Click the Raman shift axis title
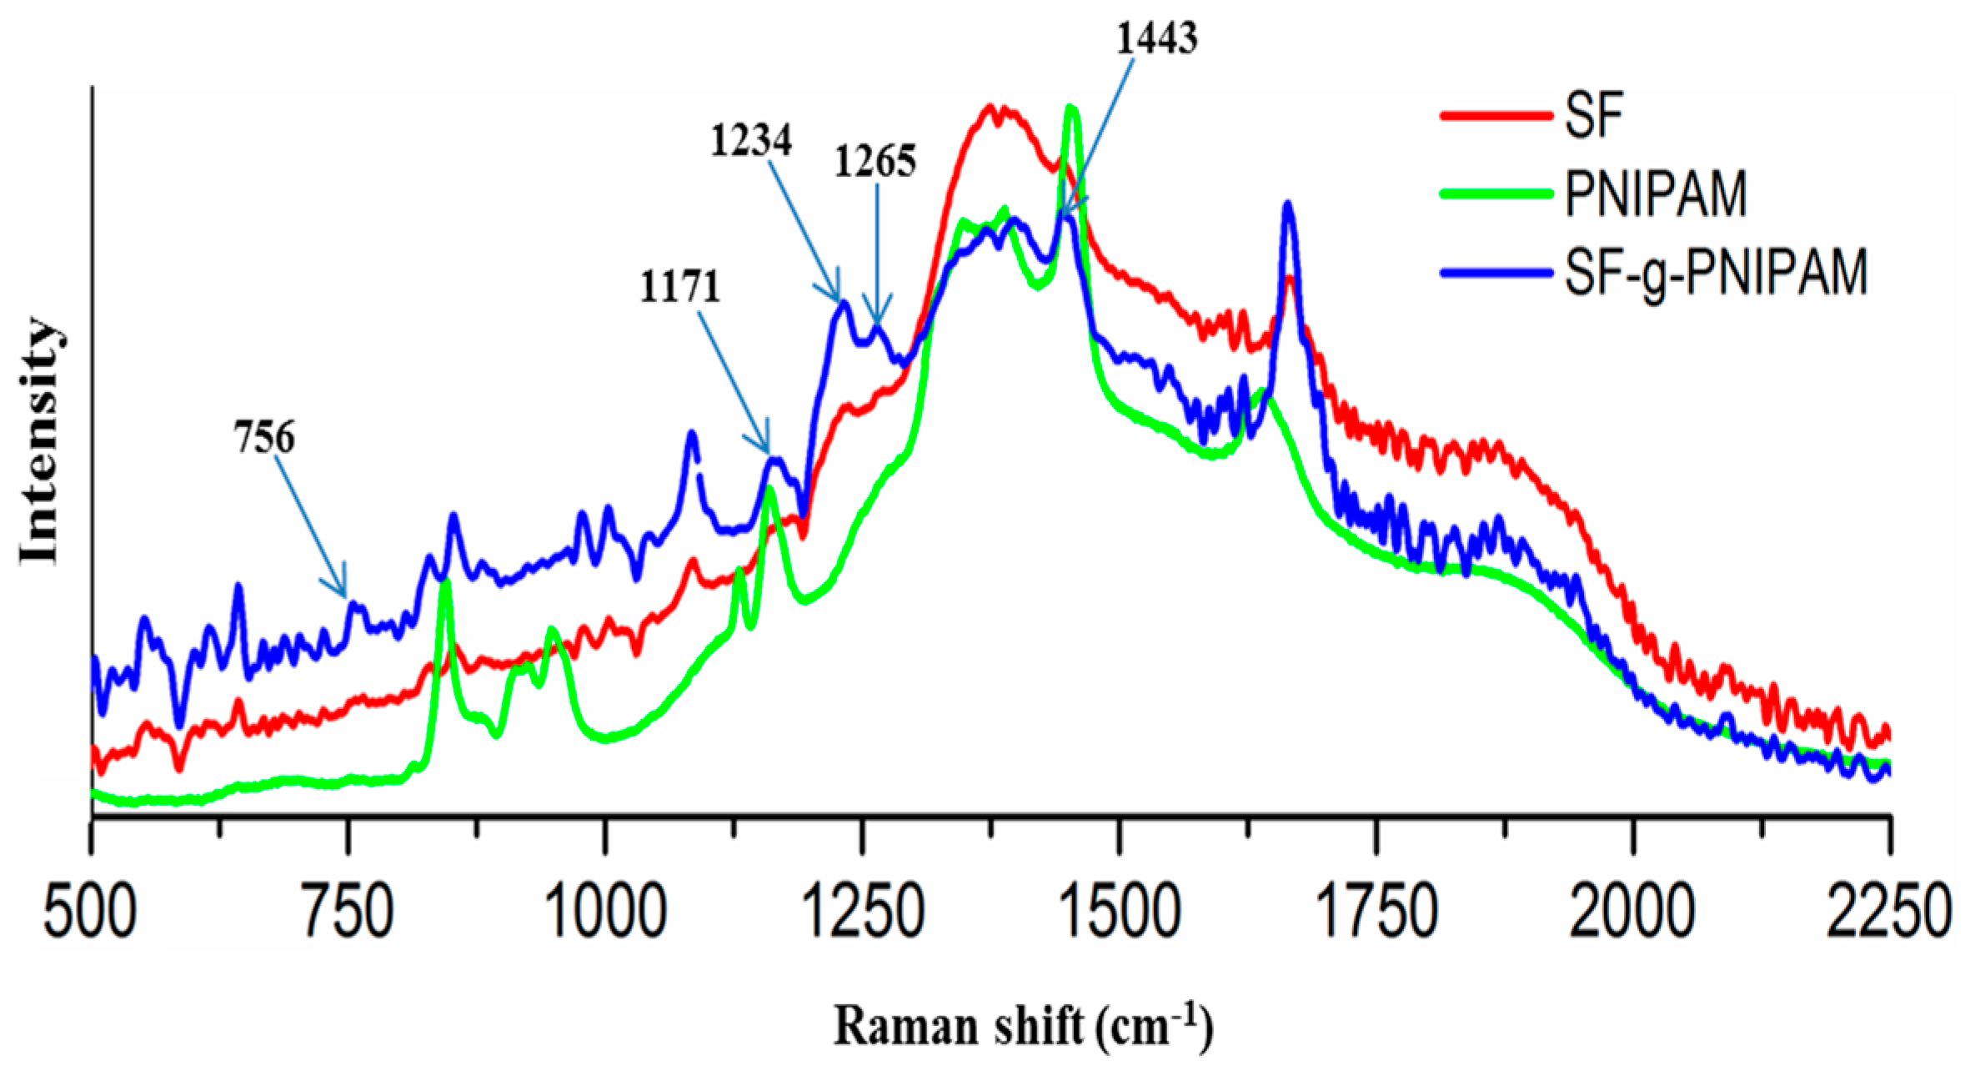tap(1022, 1025)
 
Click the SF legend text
tap(1594, 114)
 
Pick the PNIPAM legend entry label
tap(1655, 194)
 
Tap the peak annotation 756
tap(264, 438)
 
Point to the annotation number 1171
tap(679, 286)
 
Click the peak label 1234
tap(750, 141)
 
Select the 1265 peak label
tap(875, 160)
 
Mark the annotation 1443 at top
tap(1157, 38)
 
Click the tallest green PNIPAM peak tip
tap(1072, 109)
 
